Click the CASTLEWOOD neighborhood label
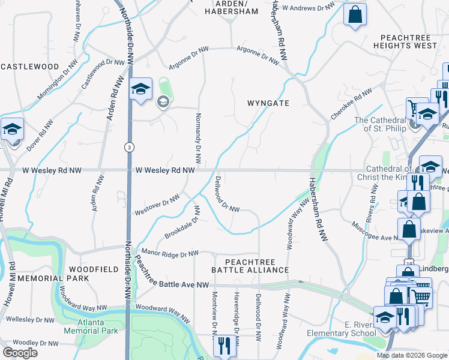click(29, 67)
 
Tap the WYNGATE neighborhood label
click(268, 103)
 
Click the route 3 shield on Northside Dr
click(128, 146)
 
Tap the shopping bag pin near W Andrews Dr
click(355, 14)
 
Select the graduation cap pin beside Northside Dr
click(140, 90)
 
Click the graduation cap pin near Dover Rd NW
click(12, 131)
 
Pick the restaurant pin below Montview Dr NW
click(224, 346)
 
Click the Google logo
click(20, 353)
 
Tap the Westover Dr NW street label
click(157, 205)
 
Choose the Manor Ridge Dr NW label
click(169, 254)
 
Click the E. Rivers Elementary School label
click(341, 329)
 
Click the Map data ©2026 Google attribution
click(412, 355)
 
